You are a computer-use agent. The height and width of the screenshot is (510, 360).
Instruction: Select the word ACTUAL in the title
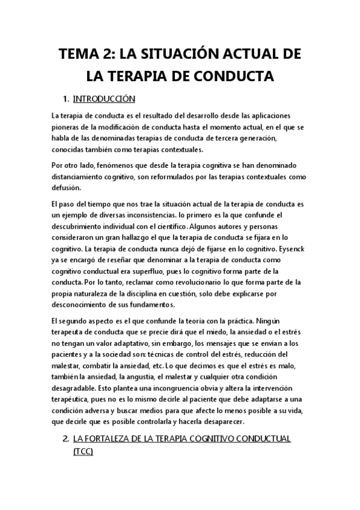click(249, 56)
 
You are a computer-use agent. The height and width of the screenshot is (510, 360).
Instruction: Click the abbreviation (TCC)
click(82, 451)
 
